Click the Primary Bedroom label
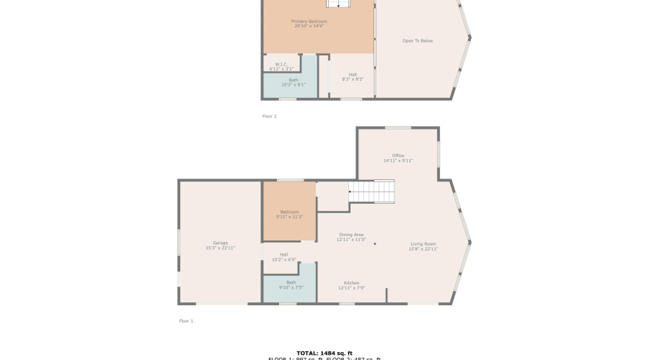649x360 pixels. tap(309, 22)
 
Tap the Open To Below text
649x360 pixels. tap(418, 41)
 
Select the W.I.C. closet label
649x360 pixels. tap(281, 64)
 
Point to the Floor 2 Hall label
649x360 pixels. tap(353, 74)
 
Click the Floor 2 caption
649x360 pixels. tap(269, 116)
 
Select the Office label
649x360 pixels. tap(398, 156)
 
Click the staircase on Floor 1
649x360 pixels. tap(372, 192)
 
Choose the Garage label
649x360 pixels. tap(220, 243)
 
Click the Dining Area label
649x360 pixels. tap(351, 235)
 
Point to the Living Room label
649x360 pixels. tap(423, 243)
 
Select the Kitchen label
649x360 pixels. tap(351, 283)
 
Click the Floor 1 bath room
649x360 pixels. tap(291, 285)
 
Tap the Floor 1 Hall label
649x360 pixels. tap(284, 254)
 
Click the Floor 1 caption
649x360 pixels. tap(186, 321)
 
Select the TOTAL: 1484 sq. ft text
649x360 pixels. tap(324, 353)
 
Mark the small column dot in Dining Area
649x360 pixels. tap(375, 244)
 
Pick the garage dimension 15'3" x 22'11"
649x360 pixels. tap(220, 248)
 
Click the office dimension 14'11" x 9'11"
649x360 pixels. tap(398, 161)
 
